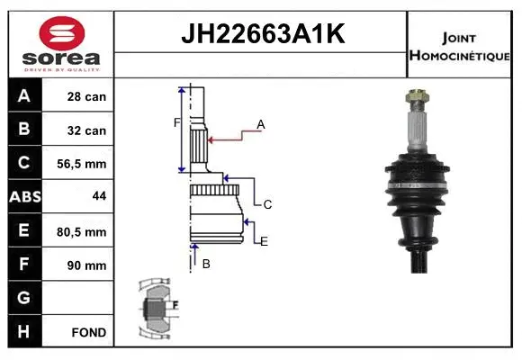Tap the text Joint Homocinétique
(x=459, y=46)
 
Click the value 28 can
(x=87, y=96)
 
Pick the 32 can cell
(x=87, y=130)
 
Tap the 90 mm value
(x=87, y=265)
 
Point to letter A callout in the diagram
(x=261, y=123)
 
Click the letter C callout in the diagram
(x=267, y=204)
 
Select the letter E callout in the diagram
(x=264, y=241)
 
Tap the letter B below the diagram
(x=206, y=264)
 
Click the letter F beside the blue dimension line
(x=177, y=121)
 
